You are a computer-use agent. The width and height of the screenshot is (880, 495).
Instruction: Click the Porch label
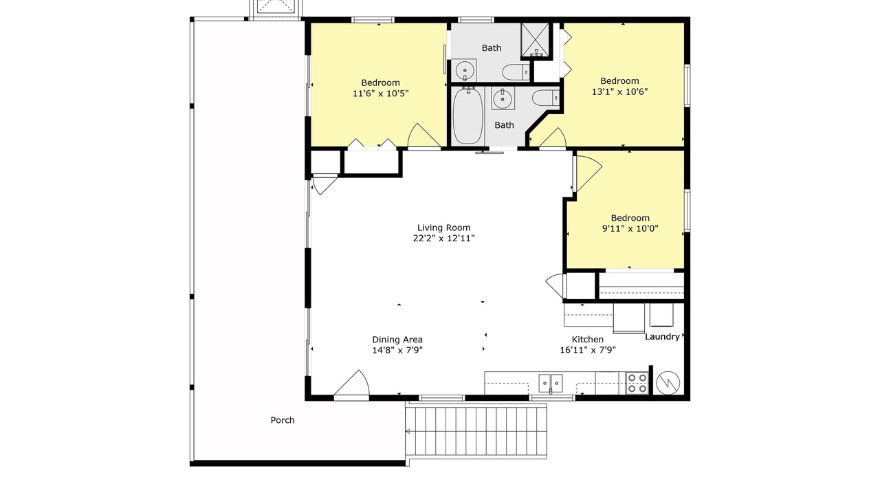pos(283,420)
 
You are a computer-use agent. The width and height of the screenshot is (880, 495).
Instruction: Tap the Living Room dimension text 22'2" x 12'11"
pos(444,238)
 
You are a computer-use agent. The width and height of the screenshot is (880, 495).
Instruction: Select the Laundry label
pos(662,337)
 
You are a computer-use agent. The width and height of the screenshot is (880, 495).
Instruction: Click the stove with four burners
pos(637,383)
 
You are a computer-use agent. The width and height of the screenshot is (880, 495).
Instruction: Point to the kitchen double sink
pos(551,383)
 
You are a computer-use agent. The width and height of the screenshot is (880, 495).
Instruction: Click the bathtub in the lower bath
pos(467,117)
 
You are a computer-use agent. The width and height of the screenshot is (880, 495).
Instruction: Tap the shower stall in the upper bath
pos(535,40)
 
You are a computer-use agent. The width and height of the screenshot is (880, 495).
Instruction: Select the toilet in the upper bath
pos(516,72)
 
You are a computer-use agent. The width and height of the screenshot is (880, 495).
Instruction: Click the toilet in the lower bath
pos(546,98)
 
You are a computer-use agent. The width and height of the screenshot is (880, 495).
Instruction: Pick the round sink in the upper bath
pos(465,71)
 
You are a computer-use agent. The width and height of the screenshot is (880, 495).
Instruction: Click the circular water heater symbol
pos(668,383)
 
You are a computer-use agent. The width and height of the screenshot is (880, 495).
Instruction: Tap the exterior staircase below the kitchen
pos(476,431)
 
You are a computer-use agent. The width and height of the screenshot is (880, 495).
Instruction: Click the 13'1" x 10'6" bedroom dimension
pos(620,91)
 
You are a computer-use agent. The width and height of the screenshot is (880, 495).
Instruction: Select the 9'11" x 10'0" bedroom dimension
pos(630,228)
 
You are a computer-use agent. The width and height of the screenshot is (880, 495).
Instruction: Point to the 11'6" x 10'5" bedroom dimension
pos(381,93)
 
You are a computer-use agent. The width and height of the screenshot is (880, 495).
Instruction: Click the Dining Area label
pos(397,340)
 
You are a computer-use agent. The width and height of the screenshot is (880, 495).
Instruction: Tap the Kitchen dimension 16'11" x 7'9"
pos(588,350)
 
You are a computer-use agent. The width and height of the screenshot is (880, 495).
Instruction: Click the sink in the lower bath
pos(503,98)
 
